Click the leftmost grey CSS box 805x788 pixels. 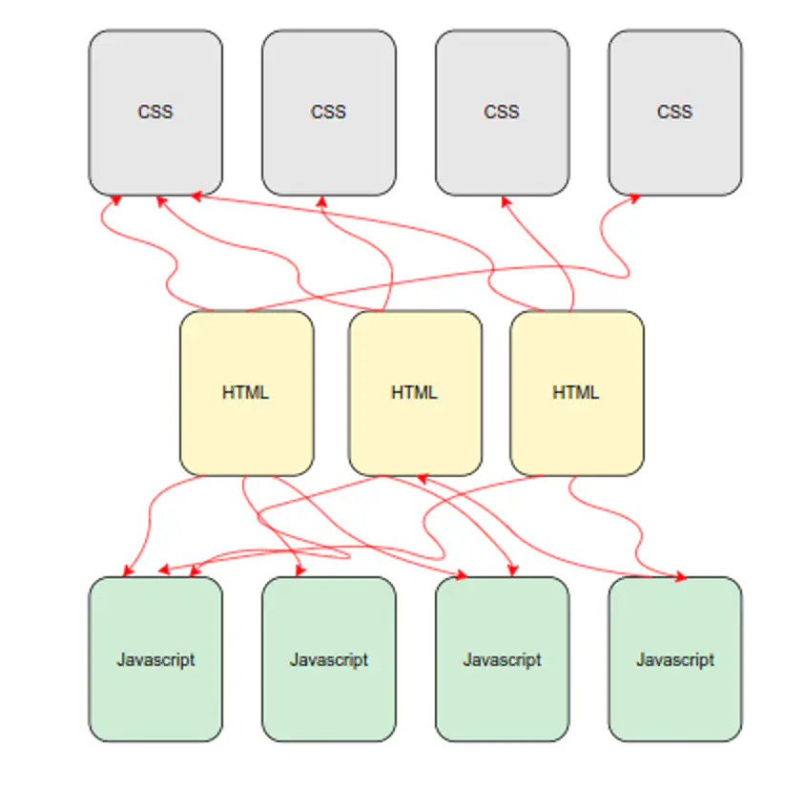tap(155, 113)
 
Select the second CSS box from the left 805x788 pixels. tap(328, 113)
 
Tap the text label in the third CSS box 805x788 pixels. tap(502, 112)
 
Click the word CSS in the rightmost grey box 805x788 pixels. tap(674, 112)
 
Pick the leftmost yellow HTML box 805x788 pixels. tap(246, 392)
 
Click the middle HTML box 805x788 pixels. tap(415, 392)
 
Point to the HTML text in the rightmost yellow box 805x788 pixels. tap(576, 392)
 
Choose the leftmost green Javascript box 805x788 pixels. tap(155, 658)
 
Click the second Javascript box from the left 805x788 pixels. tap(328, 658)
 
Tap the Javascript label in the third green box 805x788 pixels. tap(502, 659)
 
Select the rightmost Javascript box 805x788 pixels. tap(674, 658)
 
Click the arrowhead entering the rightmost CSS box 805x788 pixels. tap(634, 199)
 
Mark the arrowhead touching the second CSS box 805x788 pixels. tap(322, 201)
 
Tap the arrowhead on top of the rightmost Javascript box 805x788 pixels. tap(680, 576)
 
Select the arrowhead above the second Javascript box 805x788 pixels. tap(300, 570)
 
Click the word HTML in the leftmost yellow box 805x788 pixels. tap(246, 392)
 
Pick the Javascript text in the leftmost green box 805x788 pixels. tap(155, 659)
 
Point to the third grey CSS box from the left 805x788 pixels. tap(502, 113)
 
